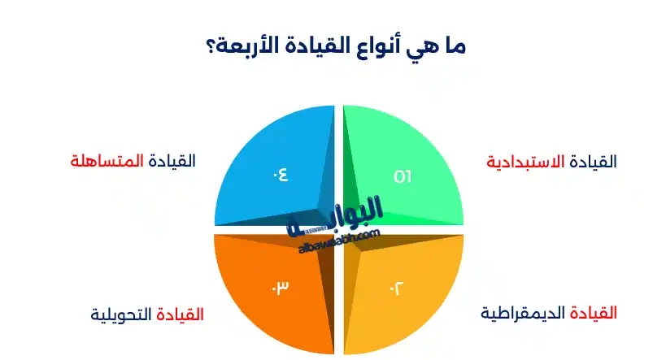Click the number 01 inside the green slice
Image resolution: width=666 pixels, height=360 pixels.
coord(403,176)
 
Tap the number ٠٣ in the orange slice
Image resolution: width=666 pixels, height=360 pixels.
coord(280,288)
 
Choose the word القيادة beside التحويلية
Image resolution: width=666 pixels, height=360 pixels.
coord(180,313)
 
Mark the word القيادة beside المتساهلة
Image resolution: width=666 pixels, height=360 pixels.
coord(170,160)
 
